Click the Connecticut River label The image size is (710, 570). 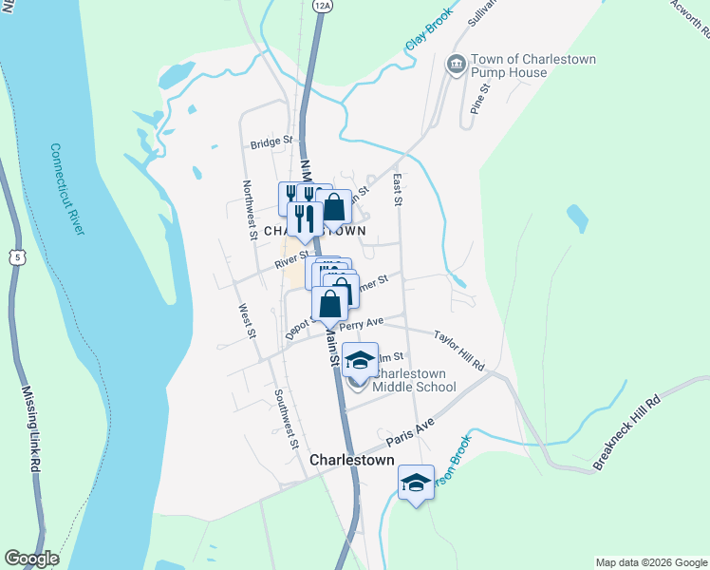pos(68,189)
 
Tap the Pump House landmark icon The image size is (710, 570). pos(455,65)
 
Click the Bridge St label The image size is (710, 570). pos(271,144)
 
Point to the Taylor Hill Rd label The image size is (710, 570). pos(459,350)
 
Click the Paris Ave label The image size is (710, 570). pos(410,433)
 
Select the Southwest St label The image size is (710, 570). pos(286,418)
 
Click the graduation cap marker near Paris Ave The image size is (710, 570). pos(415,483)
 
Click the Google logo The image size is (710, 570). pos(31,560)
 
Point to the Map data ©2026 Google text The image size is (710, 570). pos(651,562)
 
